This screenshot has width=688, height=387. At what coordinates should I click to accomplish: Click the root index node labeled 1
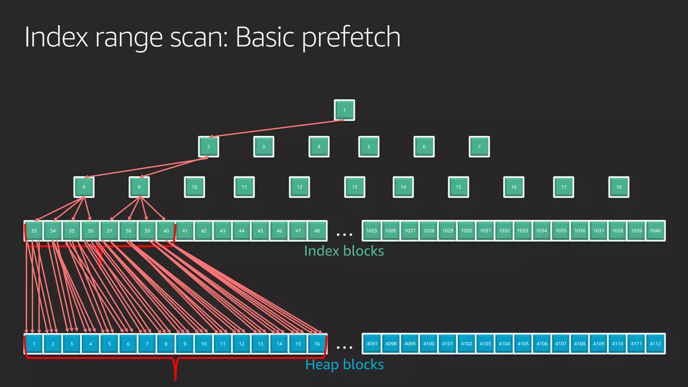click(344, 110)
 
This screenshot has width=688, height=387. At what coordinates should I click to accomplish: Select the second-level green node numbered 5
click(369, 147)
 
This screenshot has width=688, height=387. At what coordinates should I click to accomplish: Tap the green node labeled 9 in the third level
click(139, 187)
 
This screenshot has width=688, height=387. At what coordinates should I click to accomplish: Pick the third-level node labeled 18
click(618, 187)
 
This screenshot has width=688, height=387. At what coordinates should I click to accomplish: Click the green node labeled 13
click(354, 187)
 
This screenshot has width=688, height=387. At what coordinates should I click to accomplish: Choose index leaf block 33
click(34, 231)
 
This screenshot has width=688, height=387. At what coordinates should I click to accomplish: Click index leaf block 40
click(166, 231)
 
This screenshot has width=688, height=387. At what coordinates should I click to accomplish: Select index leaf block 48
click(317, 231)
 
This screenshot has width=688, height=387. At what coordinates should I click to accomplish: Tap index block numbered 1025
click(372, 231)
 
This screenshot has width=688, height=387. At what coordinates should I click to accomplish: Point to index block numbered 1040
click(655, 231)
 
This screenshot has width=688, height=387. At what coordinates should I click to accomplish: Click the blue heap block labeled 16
click(317, 344)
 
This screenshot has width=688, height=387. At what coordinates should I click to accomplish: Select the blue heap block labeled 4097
click(372, 344)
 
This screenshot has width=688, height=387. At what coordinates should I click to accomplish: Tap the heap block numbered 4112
click(655, 344)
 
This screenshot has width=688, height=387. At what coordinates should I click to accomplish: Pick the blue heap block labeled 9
click(185, 344)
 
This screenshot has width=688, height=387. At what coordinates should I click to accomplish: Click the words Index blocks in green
click(344, 251)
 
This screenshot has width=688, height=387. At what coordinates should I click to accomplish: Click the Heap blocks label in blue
click(344, 364)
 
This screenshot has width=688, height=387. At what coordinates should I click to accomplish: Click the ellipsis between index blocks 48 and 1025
click(344, 234)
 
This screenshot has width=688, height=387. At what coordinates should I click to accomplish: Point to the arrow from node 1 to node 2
click(275, 129)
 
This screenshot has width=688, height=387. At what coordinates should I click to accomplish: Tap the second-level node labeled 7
click(479, 147)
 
